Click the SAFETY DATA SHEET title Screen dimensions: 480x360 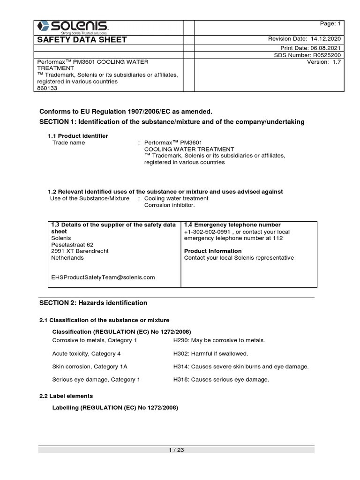(82, 40)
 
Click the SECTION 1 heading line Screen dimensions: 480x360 (172, 122)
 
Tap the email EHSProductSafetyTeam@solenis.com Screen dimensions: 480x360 (103, 277)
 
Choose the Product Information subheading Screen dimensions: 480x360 (213, 251)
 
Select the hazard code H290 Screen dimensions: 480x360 (180, 340)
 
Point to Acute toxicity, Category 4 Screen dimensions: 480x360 (86, 353)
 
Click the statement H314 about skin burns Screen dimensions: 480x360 (241, 367)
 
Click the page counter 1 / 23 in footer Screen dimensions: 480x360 (176, 450)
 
